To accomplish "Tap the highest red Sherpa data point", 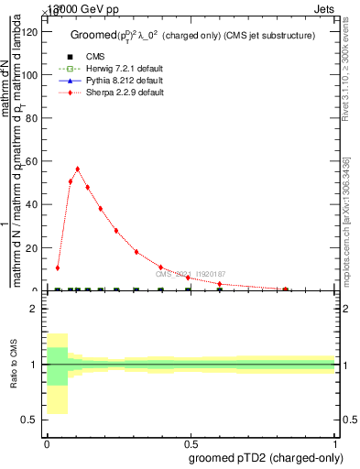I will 77,169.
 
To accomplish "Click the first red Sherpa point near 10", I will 57,267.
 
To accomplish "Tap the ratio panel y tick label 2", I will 33,309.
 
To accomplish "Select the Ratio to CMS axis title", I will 14,365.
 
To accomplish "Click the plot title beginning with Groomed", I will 193,35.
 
